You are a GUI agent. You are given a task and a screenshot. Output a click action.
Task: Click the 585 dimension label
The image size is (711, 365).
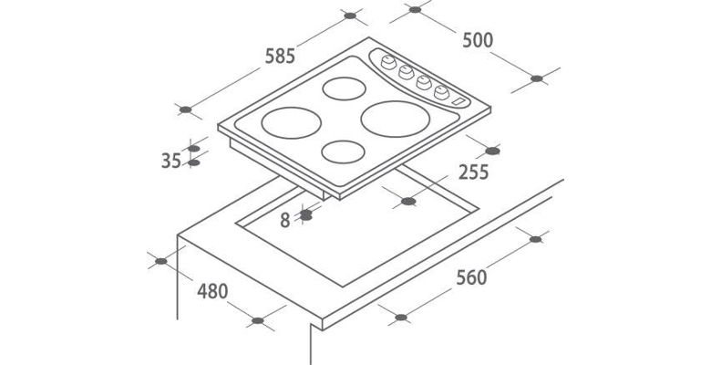280,56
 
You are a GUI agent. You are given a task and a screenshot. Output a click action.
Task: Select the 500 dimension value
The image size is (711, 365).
478,40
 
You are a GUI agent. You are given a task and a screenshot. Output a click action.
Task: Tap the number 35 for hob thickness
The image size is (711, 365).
171,161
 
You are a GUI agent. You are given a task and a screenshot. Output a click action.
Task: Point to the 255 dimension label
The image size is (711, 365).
473,172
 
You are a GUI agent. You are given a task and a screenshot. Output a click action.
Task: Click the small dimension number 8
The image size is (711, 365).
284,220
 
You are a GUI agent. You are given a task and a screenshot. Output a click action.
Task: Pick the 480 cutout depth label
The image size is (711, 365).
212,291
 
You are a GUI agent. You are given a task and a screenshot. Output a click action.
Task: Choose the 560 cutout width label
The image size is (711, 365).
471,277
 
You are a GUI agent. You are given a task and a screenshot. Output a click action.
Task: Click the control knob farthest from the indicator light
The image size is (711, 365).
388,62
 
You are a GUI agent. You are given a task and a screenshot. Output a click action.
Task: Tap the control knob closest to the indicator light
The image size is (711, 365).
441,92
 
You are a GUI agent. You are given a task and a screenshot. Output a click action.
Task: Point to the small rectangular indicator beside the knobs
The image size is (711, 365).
459,102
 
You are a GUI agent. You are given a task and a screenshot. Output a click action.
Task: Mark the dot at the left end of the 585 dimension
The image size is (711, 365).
185,109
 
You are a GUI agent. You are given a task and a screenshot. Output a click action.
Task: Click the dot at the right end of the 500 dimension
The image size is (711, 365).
536,78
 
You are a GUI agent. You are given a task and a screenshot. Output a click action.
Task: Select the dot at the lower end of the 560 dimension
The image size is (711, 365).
401,318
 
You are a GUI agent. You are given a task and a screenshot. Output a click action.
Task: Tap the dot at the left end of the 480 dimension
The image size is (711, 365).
161,261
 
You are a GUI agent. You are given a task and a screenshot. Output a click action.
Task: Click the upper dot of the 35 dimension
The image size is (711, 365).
193,149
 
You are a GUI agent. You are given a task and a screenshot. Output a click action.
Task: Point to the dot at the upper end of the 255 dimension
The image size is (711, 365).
492,151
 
